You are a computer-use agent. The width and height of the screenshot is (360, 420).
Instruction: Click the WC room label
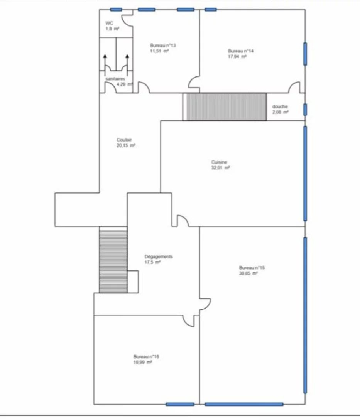tap(109, 23)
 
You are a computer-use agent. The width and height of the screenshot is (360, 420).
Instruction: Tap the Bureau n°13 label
tap(163, 45)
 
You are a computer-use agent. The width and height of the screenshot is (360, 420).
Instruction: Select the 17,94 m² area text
tap(237, 57)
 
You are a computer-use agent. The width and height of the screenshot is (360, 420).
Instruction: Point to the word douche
tap(280, 106)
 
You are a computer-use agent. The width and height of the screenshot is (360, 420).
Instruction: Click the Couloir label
tap(124, 140)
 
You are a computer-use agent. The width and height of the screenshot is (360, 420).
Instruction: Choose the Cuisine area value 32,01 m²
tap(221, 168)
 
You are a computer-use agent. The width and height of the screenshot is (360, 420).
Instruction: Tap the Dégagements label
tap(159, 256)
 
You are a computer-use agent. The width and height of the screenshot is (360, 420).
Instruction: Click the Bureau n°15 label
tap(252, 268)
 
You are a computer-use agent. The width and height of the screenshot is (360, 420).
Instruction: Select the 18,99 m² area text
tap(143, 362)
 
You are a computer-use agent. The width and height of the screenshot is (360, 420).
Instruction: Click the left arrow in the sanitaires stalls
tap(105, 62)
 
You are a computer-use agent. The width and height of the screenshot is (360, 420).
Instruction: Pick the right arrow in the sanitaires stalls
tap(127, 62)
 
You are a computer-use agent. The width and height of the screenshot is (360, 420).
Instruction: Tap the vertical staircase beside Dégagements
tap(113, 260)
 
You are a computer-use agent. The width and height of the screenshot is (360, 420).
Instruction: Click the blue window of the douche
tap(305, 110)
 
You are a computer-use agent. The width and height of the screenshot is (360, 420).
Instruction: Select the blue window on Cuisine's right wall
tap(305, 174)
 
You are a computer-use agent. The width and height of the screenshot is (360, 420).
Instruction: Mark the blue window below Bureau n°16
tap(180, 404)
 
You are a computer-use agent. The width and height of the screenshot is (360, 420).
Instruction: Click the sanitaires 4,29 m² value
tap(124, 84)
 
